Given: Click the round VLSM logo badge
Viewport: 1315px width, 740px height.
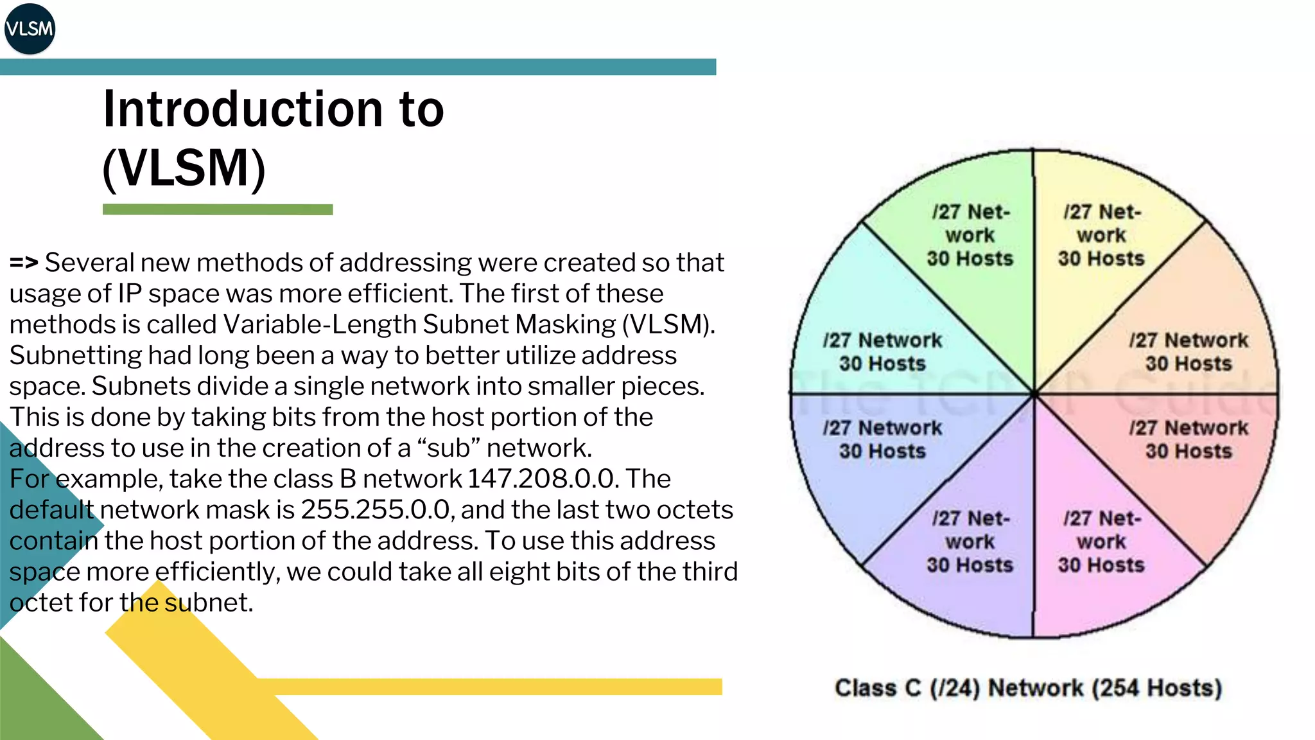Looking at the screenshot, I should pos(30,29).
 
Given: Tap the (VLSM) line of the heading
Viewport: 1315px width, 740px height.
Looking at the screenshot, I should pos(184,168).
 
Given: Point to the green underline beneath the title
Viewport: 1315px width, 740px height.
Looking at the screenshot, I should pos(218,209).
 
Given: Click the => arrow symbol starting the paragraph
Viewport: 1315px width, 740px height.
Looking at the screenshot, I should pos(24,263).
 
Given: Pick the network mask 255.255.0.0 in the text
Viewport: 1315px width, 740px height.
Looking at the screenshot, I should pos(376,509).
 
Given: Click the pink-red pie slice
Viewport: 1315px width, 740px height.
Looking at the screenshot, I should pos(1188,463).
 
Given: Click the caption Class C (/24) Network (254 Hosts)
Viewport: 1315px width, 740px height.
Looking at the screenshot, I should pos(1028,688).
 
